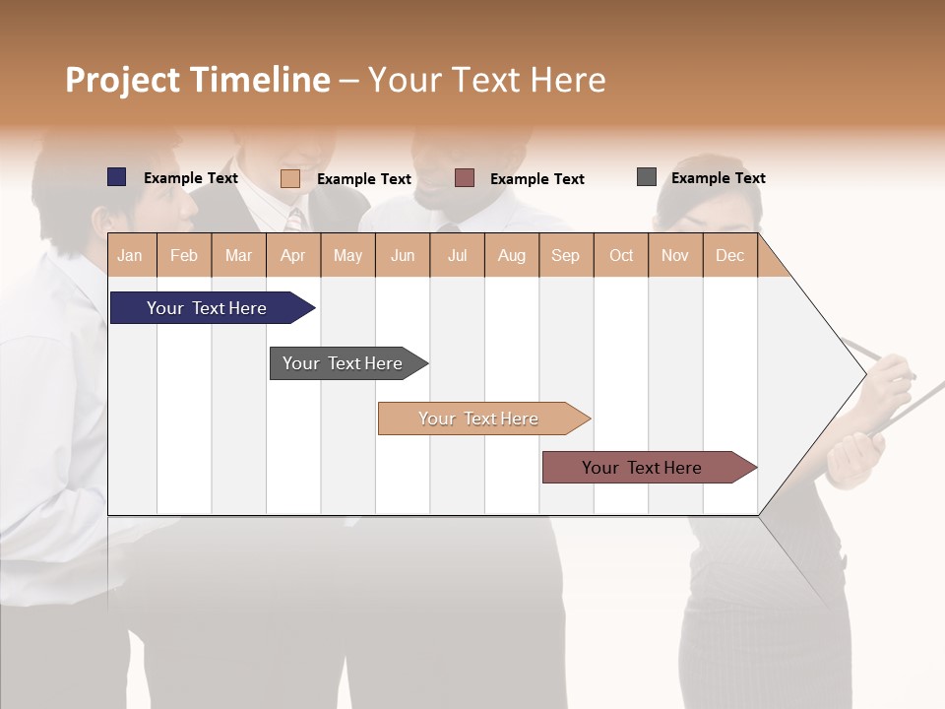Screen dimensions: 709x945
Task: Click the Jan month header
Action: [130, 255]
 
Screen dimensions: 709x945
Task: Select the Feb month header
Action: [184, 255]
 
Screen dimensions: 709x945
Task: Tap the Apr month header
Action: [292, 255]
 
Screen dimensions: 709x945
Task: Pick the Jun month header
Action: [403, 255]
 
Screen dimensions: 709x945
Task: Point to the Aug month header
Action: [511, 255]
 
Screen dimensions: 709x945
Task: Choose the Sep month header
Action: [565, 255]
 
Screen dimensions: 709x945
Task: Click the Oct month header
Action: [621, 255]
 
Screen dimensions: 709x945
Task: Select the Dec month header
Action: [729, 255]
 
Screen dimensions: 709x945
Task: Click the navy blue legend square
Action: [117, 177]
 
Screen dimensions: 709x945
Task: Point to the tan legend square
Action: [290, 178]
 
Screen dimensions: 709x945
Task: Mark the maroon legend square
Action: [465, 177]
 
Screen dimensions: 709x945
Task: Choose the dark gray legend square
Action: [647, 177]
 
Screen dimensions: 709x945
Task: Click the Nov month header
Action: [675, 255]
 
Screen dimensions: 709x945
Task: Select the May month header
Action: [347, 255]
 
